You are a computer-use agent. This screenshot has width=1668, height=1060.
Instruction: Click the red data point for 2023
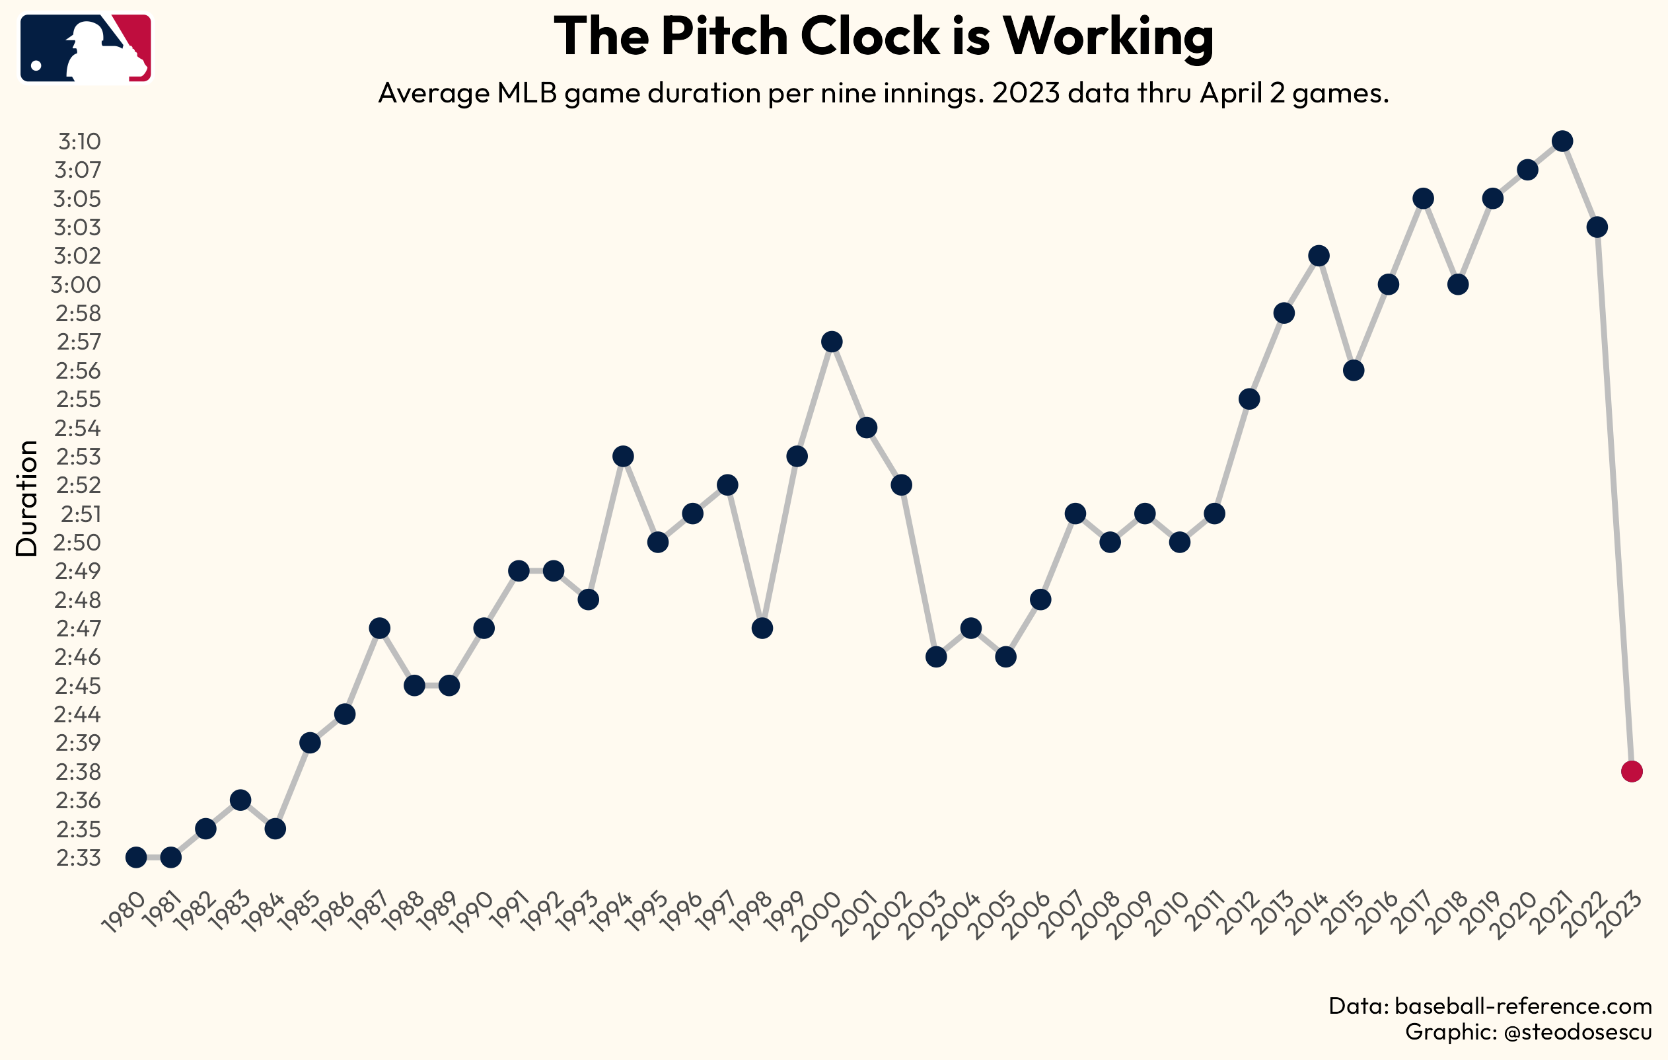point(1631,771)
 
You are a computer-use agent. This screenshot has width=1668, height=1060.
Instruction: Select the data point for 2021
point(1562,141)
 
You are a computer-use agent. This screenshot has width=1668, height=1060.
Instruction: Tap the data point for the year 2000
point(832,342)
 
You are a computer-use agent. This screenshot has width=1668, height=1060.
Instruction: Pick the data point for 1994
point(624,457)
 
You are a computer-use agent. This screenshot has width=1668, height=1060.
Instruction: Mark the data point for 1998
point(762,628)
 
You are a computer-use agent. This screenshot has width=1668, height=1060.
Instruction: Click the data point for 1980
point(137,858)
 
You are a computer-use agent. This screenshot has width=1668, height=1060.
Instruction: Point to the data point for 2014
point(1319,256)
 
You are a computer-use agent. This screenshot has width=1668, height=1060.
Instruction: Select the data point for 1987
point(380,628)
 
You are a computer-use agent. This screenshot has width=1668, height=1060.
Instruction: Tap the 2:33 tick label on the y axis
point(78,858)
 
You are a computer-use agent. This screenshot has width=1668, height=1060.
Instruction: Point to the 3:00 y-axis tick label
point(76,285)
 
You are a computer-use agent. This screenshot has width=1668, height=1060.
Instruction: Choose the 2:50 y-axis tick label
point(77,543)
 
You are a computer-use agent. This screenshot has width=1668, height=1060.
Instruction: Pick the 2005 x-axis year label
point(996,915)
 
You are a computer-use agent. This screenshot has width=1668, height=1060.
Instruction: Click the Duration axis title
point(27,498)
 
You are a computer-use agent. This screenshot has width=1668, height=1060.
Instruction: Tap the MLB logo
point(86,48)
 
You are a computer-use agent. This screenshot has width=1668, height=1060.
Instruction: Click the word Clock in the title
point(869,36)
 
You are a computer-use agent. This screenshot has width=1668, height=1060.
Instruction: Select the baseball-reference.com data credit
point(1523,1006)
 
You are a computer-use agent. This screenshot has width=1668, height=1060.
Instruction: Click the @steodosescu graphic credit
point(1578,1032)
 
